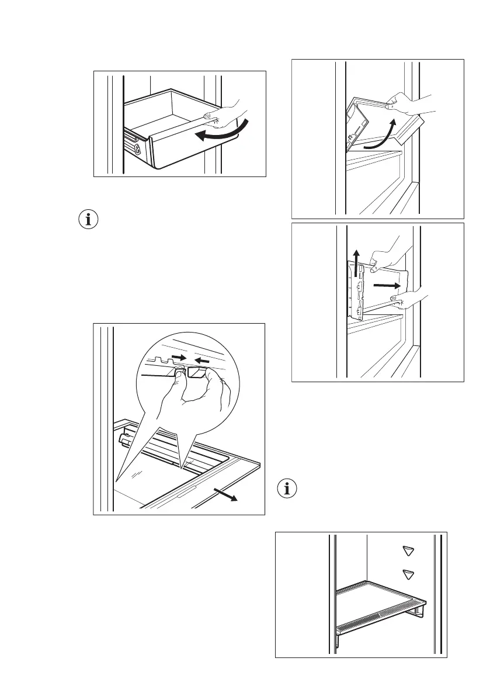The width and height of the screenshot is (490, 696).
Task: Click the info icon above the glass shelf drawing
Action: [x=89, y=221]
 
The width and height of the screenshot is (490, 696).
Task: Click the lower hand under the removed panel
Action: [x=409, y=301]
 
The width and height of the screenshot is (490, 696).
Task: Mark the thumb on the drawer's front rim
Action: [x=207, y=115]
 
